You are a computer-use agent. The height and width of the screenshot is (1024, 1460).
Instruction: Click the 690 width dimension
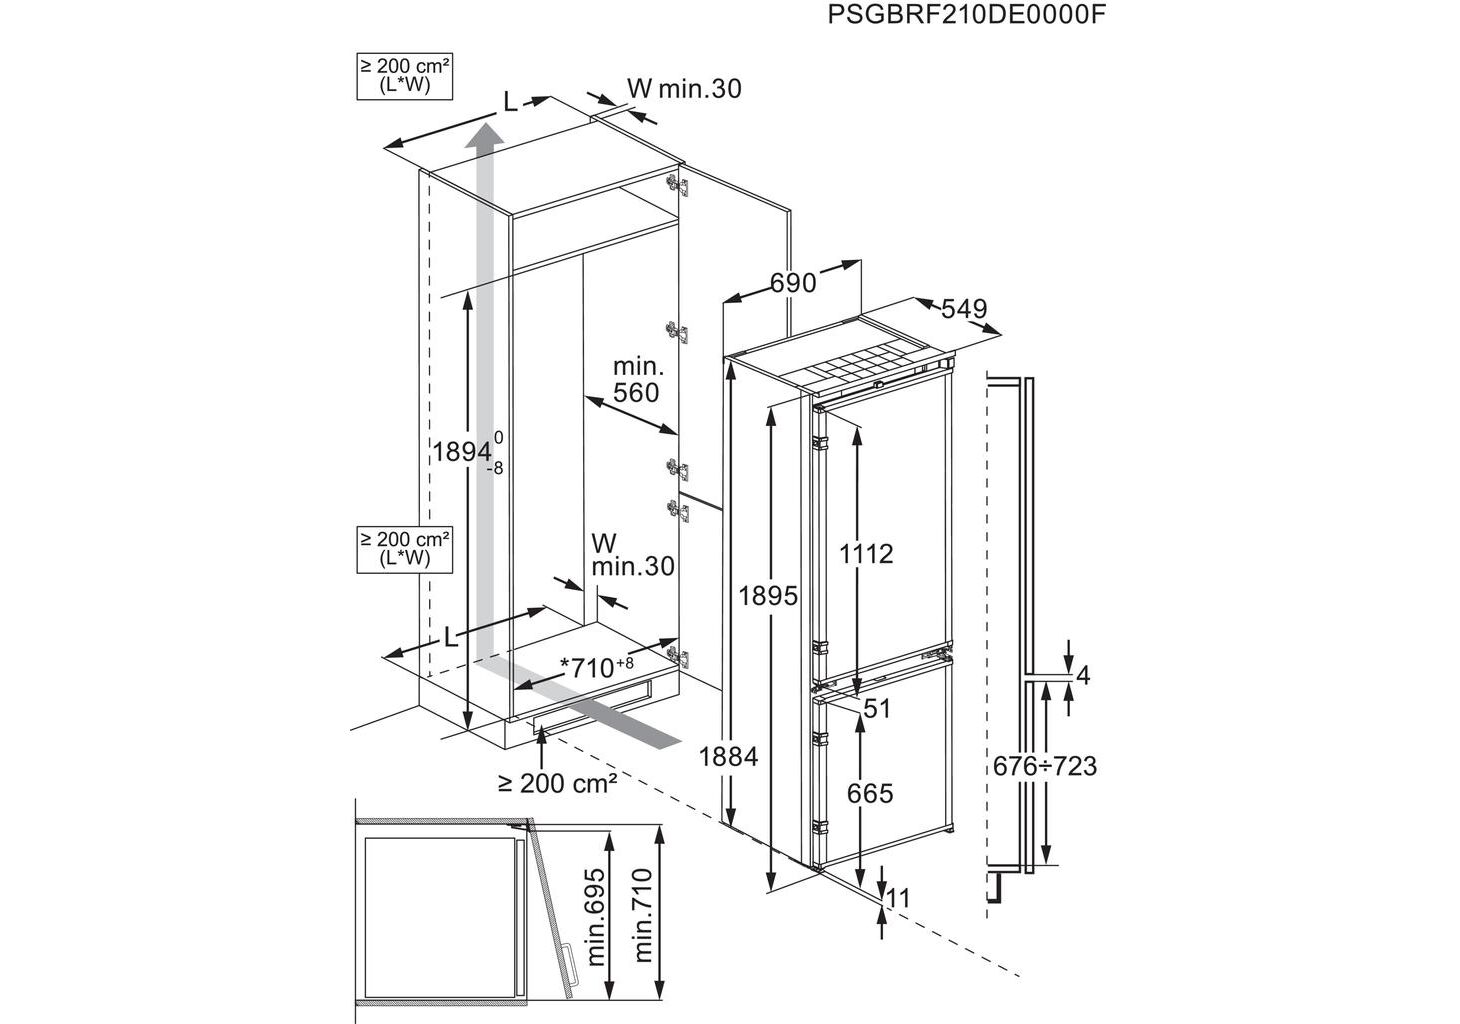pyautogui.click(x=793, y=283)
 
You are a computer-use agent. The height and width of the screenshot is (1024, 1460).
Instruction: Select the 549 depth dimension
pyautogui.click(x=963, y=309)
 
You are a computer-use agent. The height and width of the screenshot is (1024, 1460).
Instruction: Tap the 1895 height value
pyautogui.click(x=768, y=596)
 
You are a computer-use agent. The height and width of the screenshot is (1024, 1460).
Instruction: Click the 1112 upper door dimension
pyautogui.click(x=866, y=553)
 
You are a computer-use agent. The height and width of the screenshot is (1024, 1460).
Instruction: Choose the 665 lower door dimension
pyautogui.click(x=869, y=793)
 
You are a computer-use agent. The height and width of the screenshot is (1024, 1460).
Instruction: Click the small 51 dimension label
pyautogui.click(x=876, y=709)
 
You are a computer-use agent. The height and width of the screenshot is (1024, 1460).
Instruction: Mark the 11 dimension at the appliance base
pyautogui.click(x=899, y=898)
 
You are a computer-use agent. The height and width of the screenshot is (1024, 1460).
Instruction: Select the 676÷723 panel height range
pyautogui.click(x=1045, y=766)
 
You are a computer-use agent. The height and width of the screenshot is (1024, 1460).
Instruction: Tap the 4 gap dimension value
pyautogui.click(x=1082, y=676)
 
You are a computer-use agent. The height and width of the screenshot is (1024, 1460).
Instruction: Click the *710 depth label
pyautogui.click(x=597, y=666)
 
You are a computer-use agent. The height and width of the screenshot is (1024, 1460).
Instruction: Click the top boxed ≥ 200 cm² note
pyautogui.click(x=405, y=75)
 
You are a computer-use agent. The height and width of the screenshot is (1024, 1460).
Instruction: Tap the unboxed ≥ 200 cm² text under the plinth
pyautogui.click(x=557, y=783)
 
